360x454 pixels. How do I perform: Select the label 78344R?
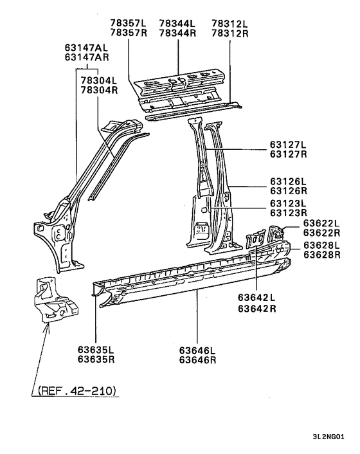click(x=178, y=33)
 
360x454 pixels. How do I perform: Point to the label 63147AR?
click(x=86, y=56)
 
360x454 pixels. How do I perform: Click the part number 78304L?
click(x=100, y=80)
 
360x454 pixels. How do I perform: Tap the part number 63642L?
click(x=255, y=297)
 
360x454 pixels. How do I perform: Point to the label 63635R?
click(x=96, y=359)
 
